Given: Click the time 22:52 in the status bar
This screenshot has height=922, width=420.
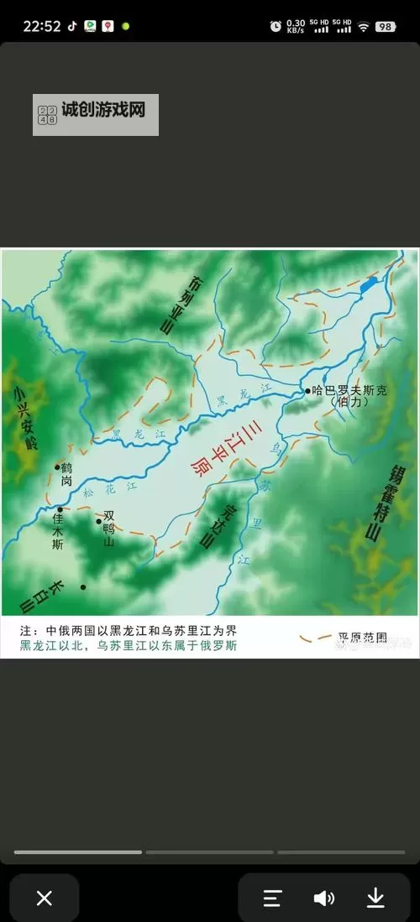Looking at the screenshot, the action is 41,26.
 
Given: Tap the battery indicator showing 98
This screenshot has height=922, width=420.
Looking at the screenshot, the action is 386,27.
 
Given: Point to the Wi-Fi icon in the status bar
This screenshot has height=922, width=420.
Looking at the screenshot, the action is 364,27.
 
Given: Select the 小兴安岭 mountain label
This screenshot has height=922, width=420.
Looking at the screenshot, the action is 21,418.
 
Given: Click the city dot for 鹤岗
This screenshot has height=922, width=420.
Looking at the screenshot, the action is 58,467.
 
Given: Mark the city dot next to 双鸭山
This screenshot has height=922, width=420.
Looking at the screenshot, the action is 98,521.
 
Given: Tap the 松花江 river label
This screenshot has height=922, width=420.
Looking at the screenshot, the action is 119,489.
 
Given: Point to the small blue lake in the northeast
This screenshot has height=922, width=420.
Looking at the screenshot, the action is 368,285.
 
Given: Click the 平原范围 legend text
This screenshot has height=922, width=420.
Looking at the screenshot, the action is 362,638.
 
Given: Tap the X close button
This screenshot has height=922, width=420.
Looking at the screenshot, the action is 45,898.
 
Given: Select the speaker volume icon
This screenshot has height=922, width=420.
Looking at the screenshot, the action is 323,898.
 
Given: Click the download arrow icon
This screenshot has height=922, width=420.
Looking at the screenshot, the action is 375,898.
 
